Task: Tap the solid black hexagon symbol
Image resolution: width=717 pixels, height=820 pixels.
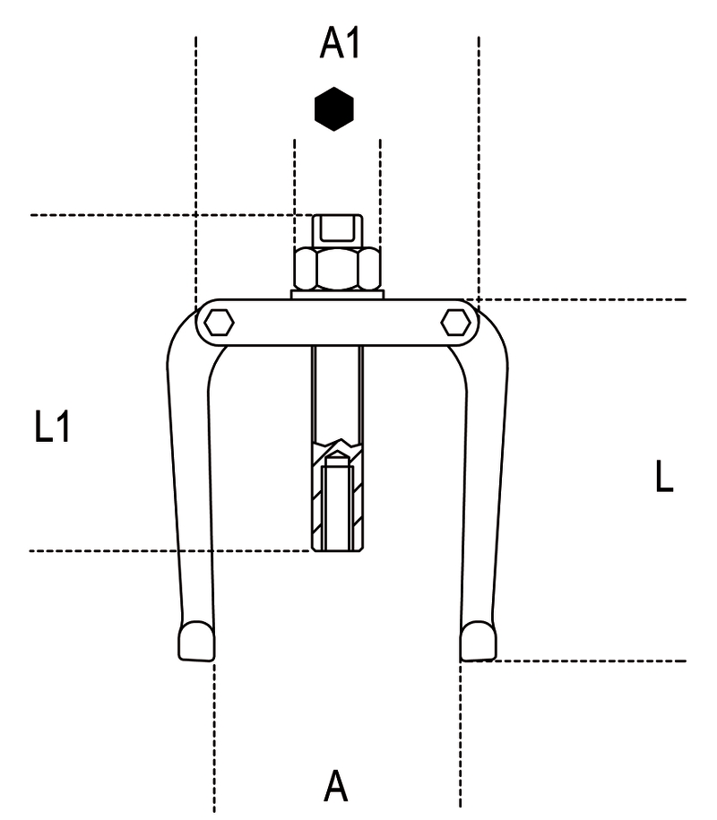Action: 334,108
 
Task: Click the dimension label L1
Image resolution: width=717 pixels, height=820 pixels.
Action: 52,427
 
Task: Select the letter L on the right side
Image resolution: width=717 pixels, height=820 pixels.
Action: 663,476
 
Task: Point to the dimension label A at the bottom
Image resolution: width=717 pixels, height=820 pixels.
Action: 336,786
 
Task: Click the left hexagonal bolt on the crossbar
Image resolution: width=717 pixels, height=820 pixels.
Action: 219,323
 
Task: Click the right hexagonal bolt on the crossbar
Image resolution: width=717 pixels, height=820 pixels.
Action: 455,322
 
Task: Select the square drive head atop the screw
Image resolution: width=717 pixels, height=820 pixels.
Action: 337,230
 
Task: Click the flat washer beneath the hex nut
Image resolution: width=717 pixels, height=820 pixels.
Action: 337,295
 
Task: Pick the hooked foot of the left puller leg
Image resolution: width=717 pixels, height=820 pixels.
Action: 196,641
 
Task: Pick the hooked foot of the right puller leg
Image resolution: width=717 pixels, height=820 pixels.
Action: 478,641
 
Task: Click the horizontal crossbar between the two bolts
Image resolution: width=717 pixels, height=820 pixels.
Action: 337,323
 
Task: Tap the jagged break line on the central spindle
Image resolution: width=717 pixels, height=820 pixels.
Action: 338,445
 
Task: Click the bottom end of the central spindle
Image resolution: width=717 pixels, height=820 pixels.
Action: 337,548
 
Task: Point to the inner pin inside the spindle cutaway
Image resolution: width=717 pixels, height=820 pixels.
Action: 337,502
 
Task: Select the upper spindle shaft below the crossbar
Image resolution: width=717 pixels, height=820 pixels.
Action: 337,393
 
